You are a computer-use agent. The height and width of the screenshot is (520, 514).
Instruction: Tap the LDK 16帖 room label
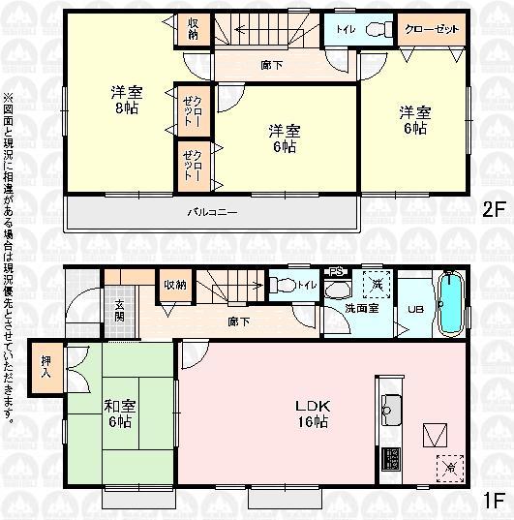(311, 413)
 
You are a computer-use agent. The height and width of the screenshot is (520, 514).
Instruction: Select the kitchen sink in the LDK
(391, 410)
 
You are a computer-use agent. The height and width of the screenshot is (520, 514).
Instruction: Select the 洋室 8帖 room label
(128, 100)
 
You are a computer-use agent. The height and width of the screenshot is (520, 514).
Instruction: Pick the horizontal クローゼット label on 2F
(430, 29)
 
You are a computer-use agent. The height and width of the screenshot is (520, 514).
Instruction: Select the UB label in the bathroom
(414, 310)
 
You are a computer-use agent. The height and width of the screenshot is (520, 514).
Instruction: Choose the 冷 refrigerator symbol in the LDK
(449, 466)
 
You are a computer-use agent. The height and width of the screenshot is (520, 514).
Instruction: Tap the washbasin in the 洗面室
(339, 289)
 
